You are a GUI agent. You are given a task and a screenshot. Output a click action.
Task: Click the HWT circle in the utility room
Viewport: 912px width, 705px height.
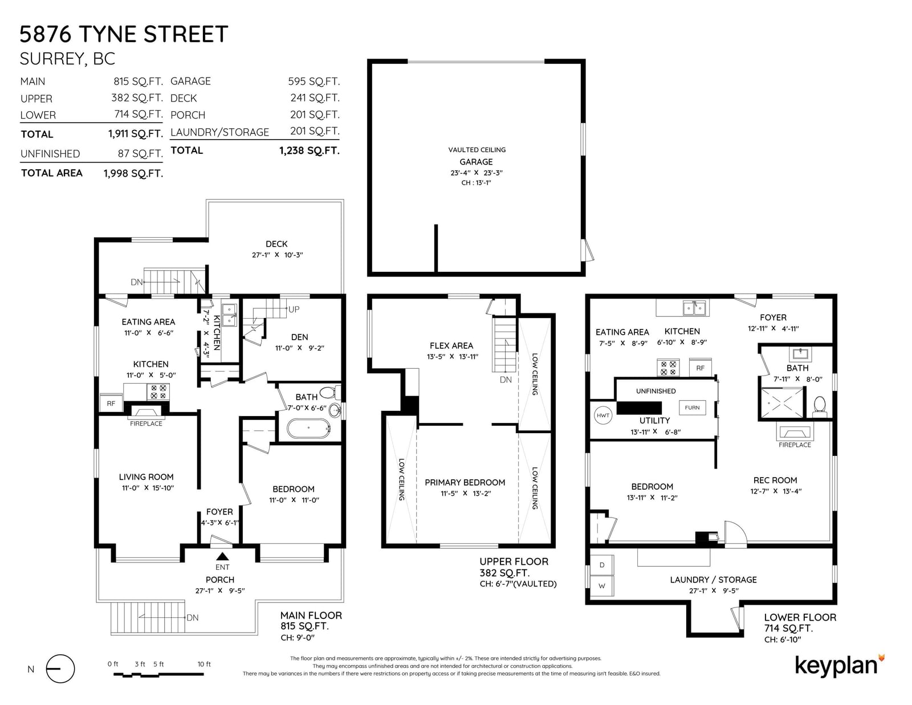pyautogui.click(x=602, y=415)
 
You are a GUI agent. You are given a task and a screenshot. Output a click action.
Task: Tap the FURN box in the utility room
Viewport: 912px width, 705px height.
pyautogui.click(x=692, y=407)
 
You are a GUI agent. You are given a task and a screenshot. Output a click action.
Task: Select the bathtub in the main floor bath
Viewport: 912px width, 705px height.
pyautogui.click(x=308, y=428)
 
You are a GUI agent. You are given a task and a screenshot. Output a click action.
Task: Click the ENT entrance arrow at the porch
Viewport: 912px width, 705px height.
pyautogui.click(x=222, y=556)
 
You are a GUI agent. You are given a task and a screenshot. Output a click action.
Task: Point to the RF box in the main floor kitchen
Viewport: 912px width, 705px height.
pyautogui.click(x=111, y=404)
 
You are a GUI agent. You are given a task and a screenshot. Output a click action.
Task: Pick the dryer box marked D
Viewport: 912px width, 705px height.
pyautogui.click(x=602, y=565)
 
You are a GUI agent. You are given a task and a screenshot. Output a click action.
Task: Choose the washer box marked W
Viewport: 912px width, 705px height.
pyautogui.click(x=602, y=586)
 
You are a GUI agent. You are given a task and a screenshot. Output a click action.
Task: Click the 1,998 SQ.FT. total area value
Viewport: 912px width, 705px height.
pyautogui.click(x=133, y=173)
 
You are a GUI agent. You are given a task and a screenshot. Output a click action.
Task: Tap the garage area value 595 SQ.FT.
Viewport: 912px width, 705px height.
pyautogui.click(x=314, y=81)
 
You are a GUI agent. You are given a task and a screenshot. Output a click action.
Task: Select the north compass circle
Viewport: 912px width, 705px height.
pyautogui.click(x=60, y=669)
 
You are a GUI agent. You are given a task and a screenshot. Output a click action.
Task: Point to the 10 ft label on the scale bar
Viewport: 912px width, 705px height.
pyautogui.click(x=204, y=665)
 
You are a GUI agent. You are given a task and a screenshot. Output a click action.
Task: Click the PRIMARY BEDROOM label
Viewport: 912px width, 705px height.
pyautogui.click(x=465, y=483)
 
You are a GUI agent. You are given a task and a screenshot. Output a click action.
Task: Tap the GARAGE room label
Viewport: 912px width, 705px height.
pyautogui.click(x=477, y=162)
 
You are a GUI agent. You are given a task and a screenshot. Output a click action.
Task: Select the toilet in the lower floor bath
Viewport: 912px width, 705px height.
pyautogui.click(x=819, y=406)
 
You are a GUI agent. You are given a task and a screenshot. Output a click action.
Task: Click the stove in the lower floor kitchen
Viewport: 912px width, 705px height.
pyautogui.click(x=668, y=368)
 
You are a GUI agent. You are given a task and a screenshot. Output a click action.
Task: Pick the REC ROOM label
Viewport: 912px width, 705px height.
pyautogui.click(x=775, y=480)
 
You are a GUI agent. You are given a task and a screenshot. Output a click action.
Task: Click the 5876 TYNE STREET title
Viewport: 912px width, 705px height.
pyautogui.click(x=124, y=34)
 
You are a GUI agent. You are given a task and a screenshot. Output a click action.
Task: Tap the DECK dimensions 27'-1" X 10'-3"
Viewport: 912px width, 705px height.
pyautogui.click(x=278, y=255)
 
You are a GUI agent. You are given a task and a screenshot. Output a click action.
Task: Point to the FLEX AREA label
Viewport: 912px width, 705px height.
pyautogui.click(x=451, y=346)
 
